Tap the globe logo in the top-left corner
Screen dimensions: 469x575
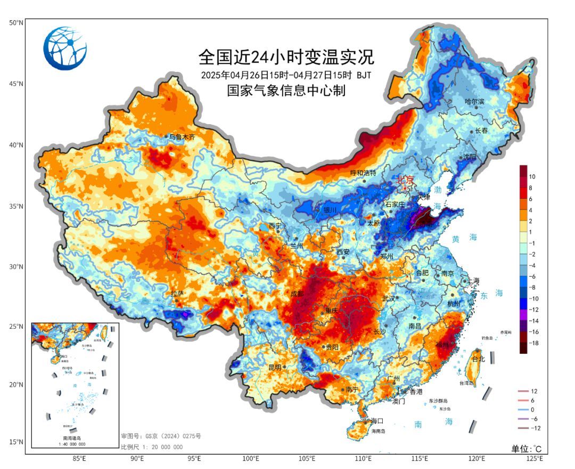pos(65,48)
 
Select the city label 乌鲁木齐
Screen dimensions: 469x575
pos(182,137)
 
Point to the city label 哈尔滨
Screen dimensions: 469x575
pos(475,101)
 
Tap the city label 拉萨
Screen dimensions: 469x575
pos(177,294)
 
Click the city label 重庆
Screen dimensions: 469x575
pos(332,310)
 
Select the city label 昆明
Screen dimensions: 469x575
pos(275,367)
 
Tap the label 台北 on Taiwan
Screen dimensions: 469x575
pos(479,359)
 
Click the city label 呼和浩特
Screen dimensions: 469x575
pos(363,173)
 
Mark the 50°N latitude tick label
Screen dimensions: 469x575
pos(15,22)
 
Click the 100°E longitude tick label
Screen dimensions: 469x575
pos(251,458)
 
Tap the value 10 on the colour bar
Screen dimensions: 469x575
pos(532,176)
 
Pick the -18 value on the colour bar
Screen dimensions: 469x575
pos(533,344)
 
